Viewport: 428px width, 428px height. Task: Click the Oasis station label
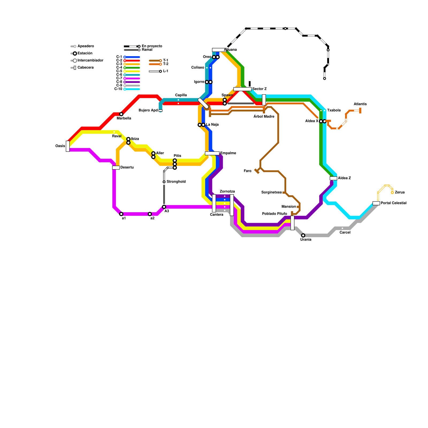tap(60, 146)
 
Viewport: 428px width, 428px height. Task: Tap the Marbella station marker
tap(121, 114)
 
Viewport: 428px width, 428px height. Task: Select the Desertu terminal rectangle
tap(116, 167)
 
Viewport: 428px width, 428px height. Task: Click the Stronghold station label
tap(176, 182)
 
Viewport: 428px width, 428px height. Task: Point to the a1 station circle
tap(121, 214)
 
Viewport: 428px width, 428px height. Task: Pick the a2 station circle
tap(150, 214)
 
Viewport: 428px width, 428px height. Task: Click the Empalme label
tap(228, 153)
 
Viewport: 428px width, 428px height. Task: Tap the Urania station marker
tap(303, 235)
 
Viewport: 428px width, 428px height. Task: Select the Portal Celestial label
tap(393, 203)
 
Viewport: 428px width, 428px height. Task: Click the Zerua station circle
tap(392, 193)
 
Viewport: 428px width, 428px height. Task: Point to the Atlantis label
tap(360, 104)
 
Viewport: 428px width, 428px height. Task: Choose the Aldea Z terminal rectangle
tap(333, 178)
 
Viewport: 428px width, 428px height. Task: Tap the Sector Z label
tap(259, 89)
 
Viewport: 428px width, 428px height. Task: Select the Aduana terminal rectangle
tap(219, 50)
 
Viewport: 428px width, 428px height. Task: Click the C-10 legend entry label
tap(118, 89)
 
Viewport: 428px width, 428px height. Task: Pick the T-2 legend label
tap(166, 64)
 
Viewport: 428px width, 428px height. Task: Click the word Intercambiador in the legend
tap(90, 60)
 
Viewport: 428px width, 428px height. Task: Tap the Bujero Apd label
tap(148, 110)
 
